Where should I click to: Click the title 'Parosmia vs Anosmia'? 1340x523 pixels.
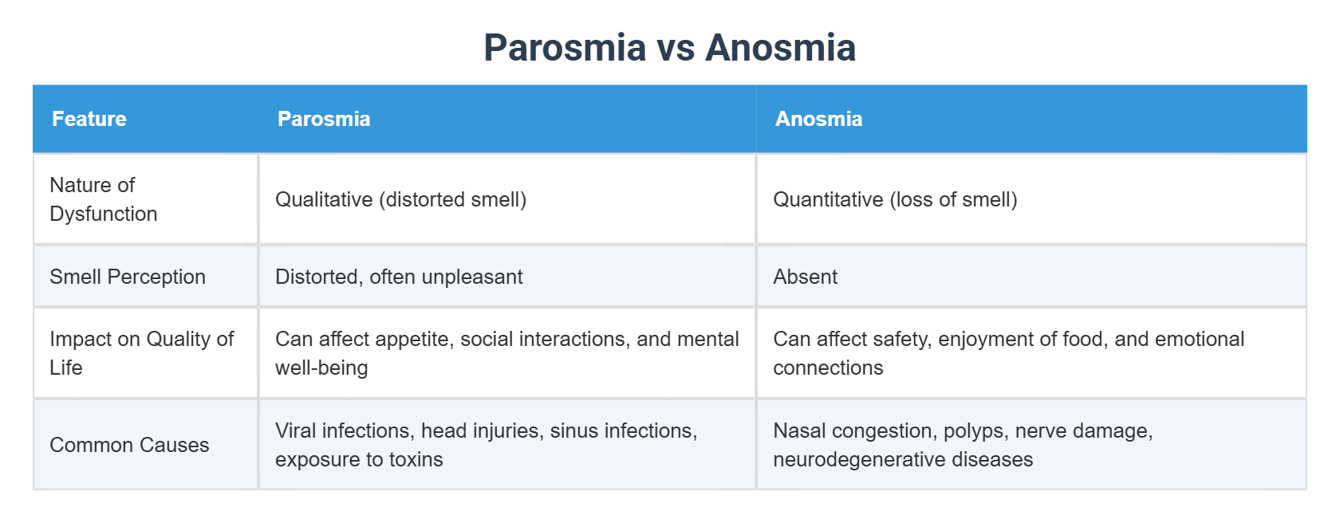coord(669,48)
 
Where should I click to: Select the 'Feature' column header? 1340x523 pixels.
coord(89,119)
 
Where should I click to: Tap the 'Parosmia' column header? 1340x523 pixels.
coord(324,119)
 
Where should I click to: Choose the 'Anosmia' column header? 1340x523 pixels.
coord(818,119)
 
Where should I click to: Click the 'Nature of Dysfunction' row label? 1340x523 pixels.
coord(104,199)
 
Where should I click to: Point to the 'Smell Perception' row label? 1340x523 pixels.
coord(128,277)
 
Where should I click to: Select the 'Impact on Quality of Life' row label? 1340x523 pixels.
coord(141,353)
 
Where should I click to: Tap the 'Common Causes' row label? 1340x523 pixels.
coord(129,445)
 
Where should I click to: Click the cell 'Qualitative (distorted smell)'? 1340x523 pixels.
coord(400,199)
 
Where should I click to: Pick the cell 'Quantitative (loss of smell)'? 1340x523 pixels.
coord(895,199)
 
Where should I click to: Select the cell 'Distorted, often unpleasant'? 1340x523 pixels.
coord(399,277)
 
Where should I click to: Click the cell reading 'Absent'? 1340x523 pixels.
coord(805,277)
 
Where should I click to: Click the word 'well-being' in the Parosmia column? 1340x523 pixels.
coord(321,368)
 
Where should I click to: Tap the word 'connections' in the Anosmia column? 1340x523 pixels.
coord(828,368)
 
